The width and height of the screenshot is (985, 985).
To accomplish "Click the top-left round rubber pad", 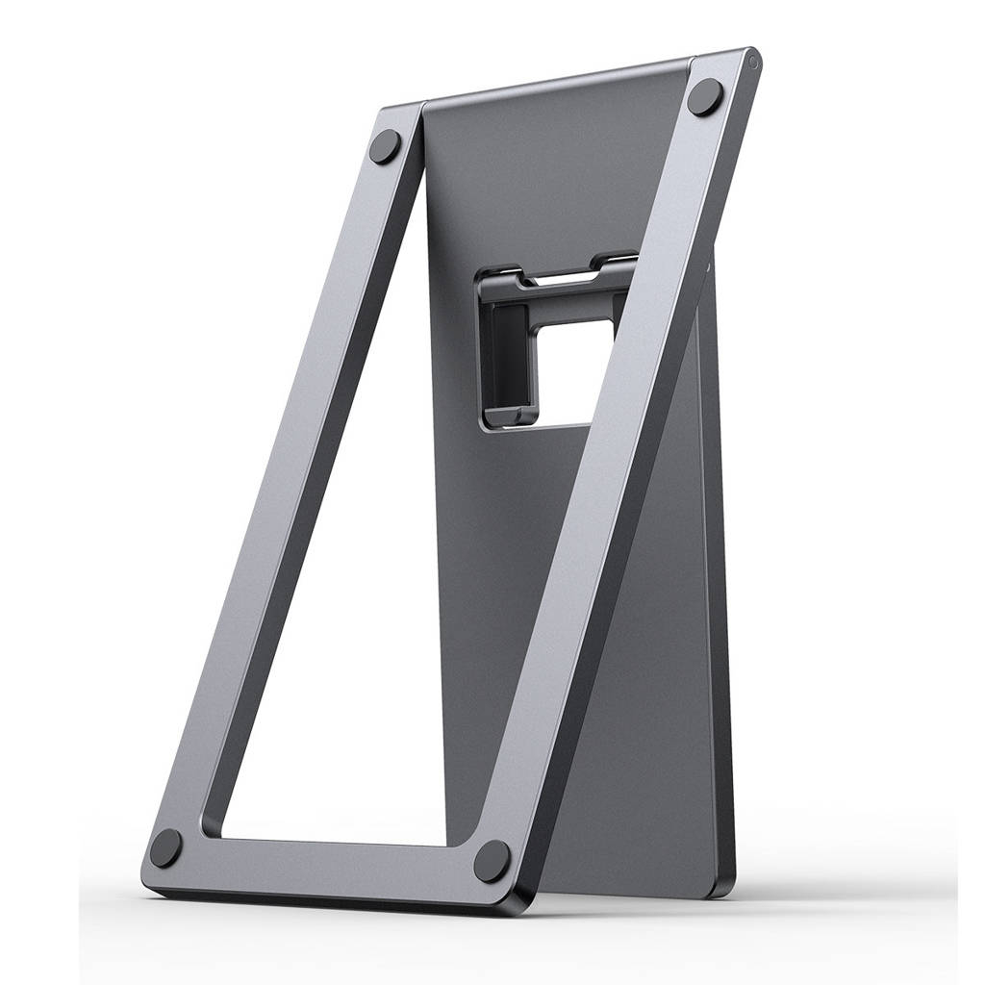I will (386, 147).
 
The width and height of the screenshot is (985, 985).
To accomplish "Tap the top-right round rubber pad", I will (705, 97).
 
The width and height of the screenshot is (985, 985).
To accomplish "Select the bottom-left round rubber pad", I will (166, 847).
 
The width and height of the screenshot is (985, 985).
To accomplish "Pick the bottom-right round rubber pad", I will (492, 860).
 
